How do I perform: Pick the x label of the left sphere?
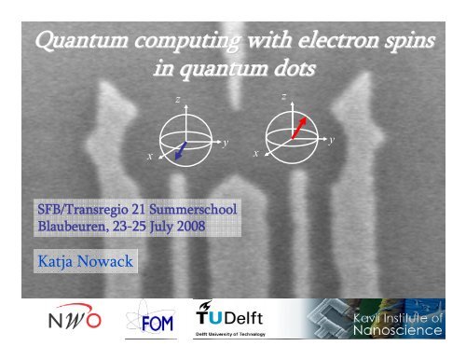pyautogui.click(x=148, y=157)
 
